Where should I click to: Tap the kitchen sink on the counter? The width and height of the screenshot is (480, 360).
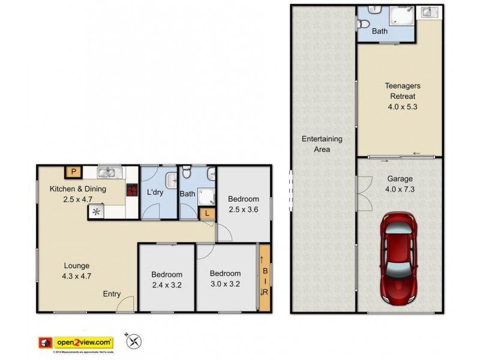(x=107, y=173)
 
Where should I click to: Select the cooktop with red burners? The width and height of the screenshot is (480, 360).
(x=131, y=190)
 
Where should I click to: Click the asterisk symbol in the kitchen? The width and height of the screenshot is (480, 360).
(x=96, y=211)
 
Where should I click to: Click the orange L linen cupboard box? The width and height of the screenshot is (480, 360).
(x=207, y=214)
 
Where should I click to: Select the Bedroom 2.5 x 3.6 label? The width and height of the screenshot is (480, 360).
(x=244, y=205)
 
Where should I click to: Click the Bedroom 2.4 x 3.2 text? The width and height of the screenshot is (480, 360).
(x=166, y=280)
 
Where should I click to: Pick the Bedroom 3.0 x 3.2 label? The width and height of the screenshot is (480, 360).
(x=225, y=278)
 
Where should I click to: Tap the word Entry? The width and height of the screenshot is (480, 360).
(x=112, y=294)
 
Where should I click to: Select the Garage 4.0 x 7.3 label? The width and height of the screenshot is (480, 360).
(x=400, y=183)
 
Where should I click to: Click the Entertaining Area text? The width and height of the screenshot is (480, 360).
(x=322, y=144)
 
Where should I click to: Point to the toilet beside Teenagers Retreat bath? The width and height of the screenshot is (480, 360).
(x=364, y=23)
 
